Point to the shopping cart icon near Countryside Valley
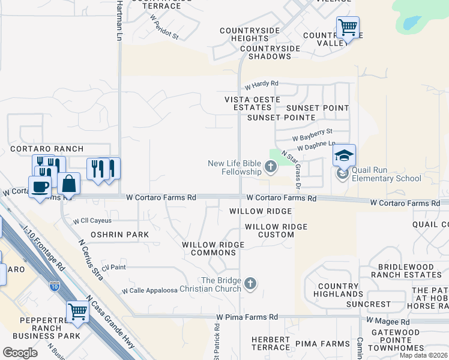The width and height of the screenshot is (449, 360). pyautogui.click(x=348, y=28)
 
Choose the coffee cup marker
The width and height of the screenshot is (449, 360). pyautogui.click(x=40, y=187)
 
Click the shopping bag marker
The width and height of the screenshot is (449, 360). pyautogui.click(x=69, y=184)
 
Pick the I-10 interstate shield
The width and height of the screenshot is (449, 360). pyautogui.click(x=55, y=286)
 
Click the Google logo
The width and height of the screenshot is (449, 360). pyautogui.click(x=20, y=353)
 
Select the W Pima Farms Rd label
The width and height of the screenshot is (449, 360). pyautogui.click(x=247, y=317)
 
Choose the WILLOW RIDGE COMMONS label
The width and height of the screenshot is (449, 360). pyautogui.click(x=213, y=248)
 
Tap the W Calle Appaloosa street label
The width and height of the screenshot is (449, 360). pyautogui.click(x=149, y=290)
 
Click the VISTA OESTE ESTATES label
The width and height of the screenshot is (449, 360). pyautogui.click(x=248, y=103)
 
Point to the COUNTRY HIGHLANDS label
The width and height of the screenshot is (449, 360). pyautogui.click(x=338, y=290)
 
